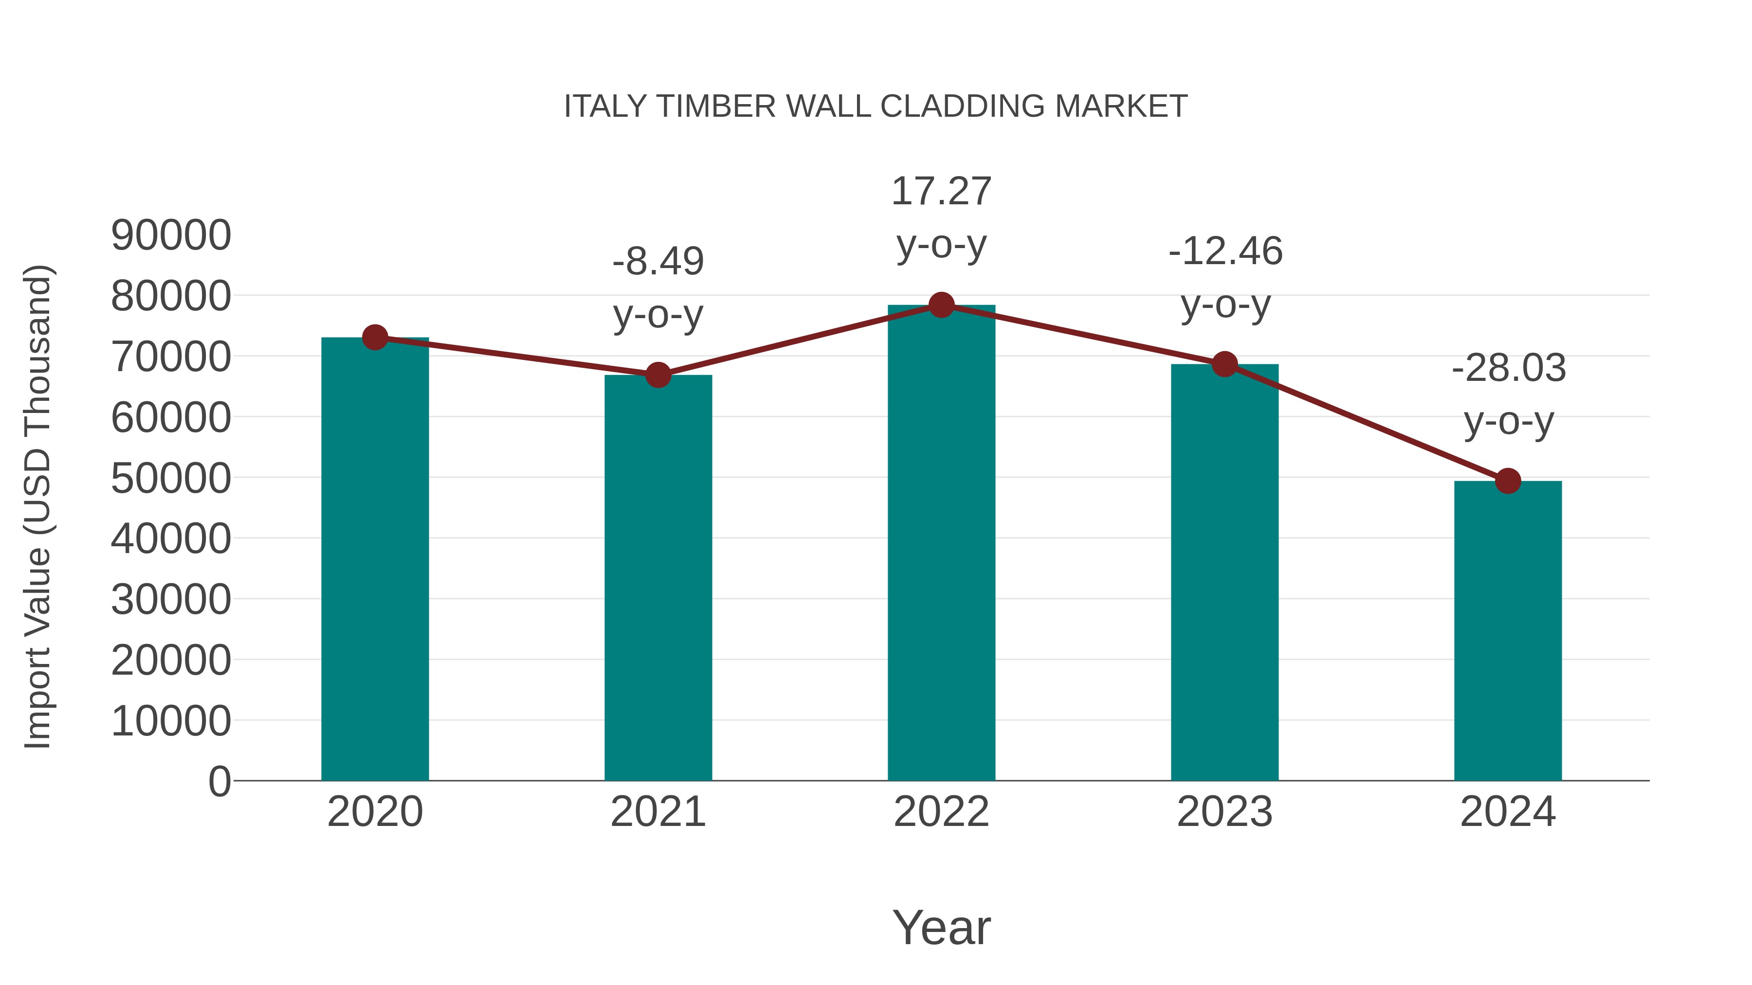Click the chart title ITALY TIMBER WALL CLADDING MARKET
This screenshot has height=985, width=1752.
[876, 107]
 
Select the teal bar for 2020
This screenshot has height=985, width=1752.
[375, 557]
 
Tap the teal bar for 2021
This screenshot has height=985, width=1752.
[657, 578]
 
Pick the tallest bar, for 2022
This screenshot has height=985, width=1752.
[941, 544]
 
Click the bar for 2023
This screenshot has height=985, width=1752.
[1224, 571]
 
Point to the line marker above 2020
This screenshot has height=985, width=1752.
[375, 337]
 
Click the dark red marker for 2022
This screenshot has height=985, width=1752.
[941, 305]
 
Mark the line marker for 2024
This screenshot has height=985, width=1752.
[1508, 481]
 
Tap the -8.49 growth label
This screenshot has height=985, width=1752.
[657, 262]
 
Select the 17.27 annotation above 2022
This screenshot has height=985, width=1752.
[941, 192]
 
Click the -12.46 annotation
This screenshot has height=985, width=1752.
[1225, 251]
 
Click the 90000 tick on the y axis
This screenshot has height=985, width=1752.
[171, 235]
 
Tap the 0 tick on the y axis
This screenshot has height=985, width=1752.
[219, 781]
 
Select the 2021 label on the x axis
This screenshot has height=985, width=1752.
[657, 812]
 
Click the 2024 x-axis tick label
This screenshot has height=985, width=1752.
[1508, 812]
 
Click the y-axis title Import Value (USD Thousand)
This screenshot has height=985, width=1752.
[38, 506]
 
